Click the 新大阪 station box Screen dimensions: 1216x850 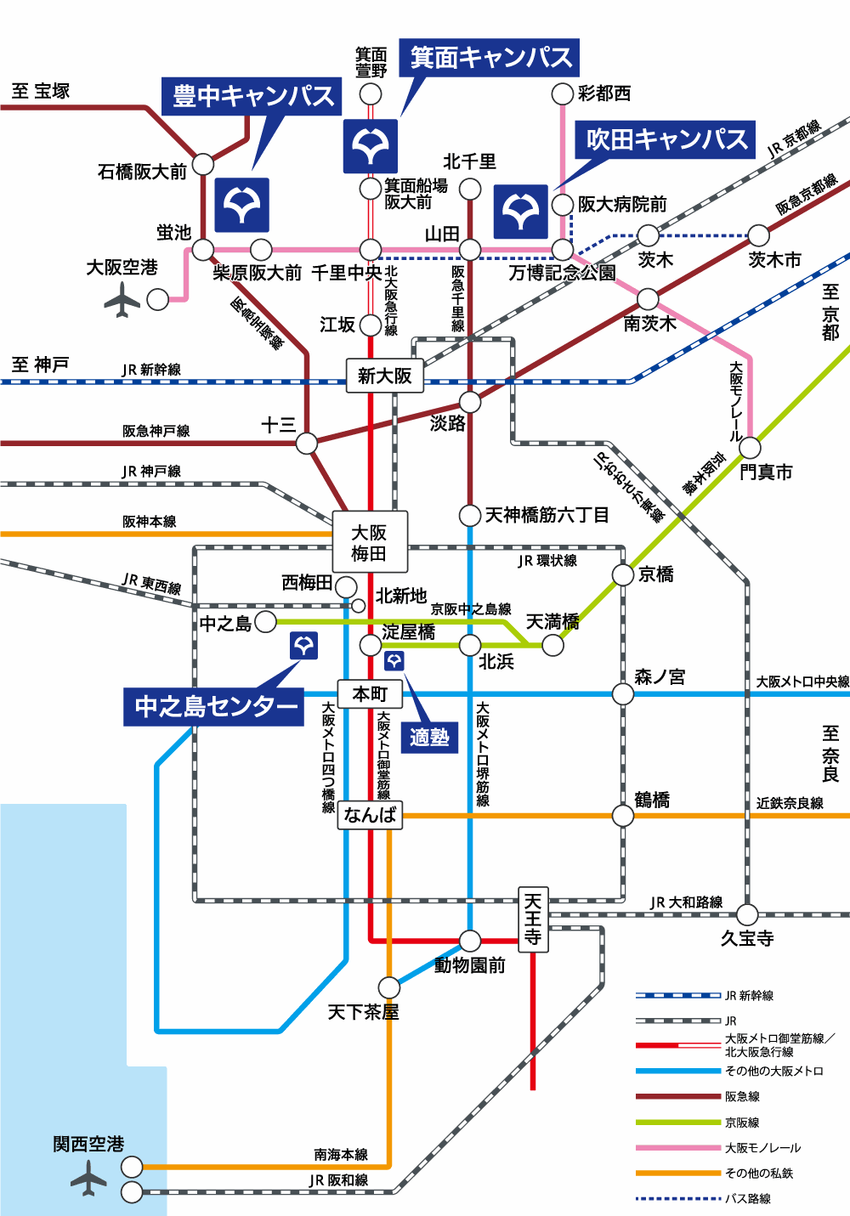384,376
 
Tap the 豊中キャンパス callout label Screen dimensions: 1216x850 252,96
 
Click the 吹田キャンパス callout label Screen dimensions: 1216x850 666,139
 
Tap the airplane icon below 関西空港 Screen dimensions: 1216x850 88,1180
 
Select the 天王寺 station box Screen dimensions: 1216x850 533,919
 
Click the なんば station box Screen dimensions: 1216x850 370,815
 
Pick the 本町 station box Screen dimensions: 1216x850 370,694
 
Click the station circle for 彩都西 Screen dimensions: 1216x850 562,93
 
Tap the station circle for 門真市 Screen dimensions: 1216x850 750,447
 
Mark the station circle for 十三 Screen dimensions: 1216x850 307,443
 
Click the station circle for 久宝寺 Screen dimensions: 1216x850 747,914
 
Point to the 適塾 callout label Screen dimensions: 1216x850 429,737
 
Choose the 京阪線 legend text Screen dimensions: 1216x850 742,1123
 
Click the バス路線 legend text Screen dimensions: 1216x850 747,1199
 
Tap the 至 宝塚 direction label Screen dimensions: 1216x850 41,91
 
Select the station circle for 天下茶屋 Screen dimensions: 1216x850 388,987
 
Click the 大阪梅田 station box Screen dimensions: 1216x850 370,542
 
